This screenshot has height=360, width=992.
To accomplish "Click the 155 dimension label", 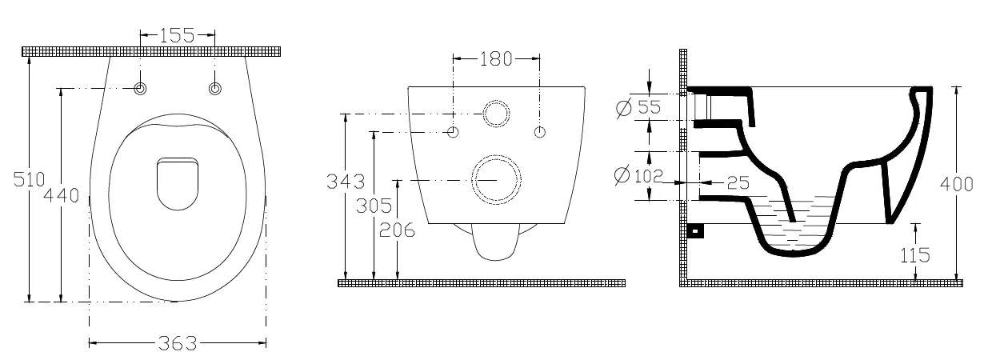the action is [x=177, y=35].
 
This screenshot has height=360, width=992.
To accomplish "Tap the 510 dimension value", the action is [x=30, y=179].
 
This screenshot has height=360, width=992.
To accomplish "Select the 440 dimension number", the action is [x=61, y=195].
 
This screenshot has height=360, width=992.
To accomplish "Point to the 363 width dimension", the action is [x=178, y=343].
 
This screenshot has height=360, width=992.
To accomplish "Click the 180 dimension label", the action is [x=496, y=59].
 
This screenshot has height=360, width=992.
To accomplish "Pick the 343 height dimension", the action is [x=346, y=182].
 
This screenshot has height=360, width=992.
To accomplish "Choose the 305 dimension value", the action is [x=374, y=206].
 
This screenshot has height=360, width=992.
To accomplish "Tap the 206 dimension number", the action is [x=398, y=230].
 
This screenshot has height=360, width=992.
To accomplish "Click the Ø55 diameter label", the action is [x=638, y=108].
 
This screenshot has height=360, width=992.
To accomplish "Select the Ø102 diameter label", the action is [x=638, y=176].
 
